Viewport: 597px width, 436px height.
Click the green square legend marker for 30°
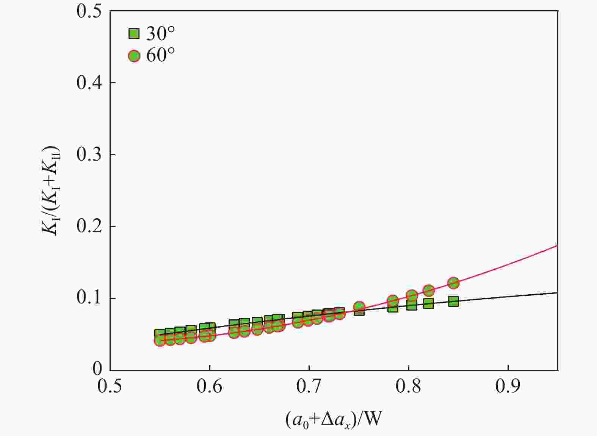[134, 34]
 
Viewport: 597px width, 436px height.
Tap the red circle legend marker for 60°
[134, 56]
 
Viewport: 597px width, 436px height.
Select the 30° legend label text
[161, 34]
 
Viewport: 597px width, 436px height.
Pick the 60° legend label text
[161, 56]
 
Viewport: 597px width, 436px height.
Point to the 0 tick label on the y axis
[97, 368]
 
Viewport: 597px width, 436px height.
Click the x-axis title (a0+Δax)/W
[333, 419]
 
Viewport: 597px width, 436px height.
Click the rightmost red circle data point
[453, 283]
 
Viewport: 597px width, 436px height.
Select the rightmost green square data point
[453, 302]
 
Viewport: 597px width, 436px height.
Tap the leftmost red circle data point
[160, 341]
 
